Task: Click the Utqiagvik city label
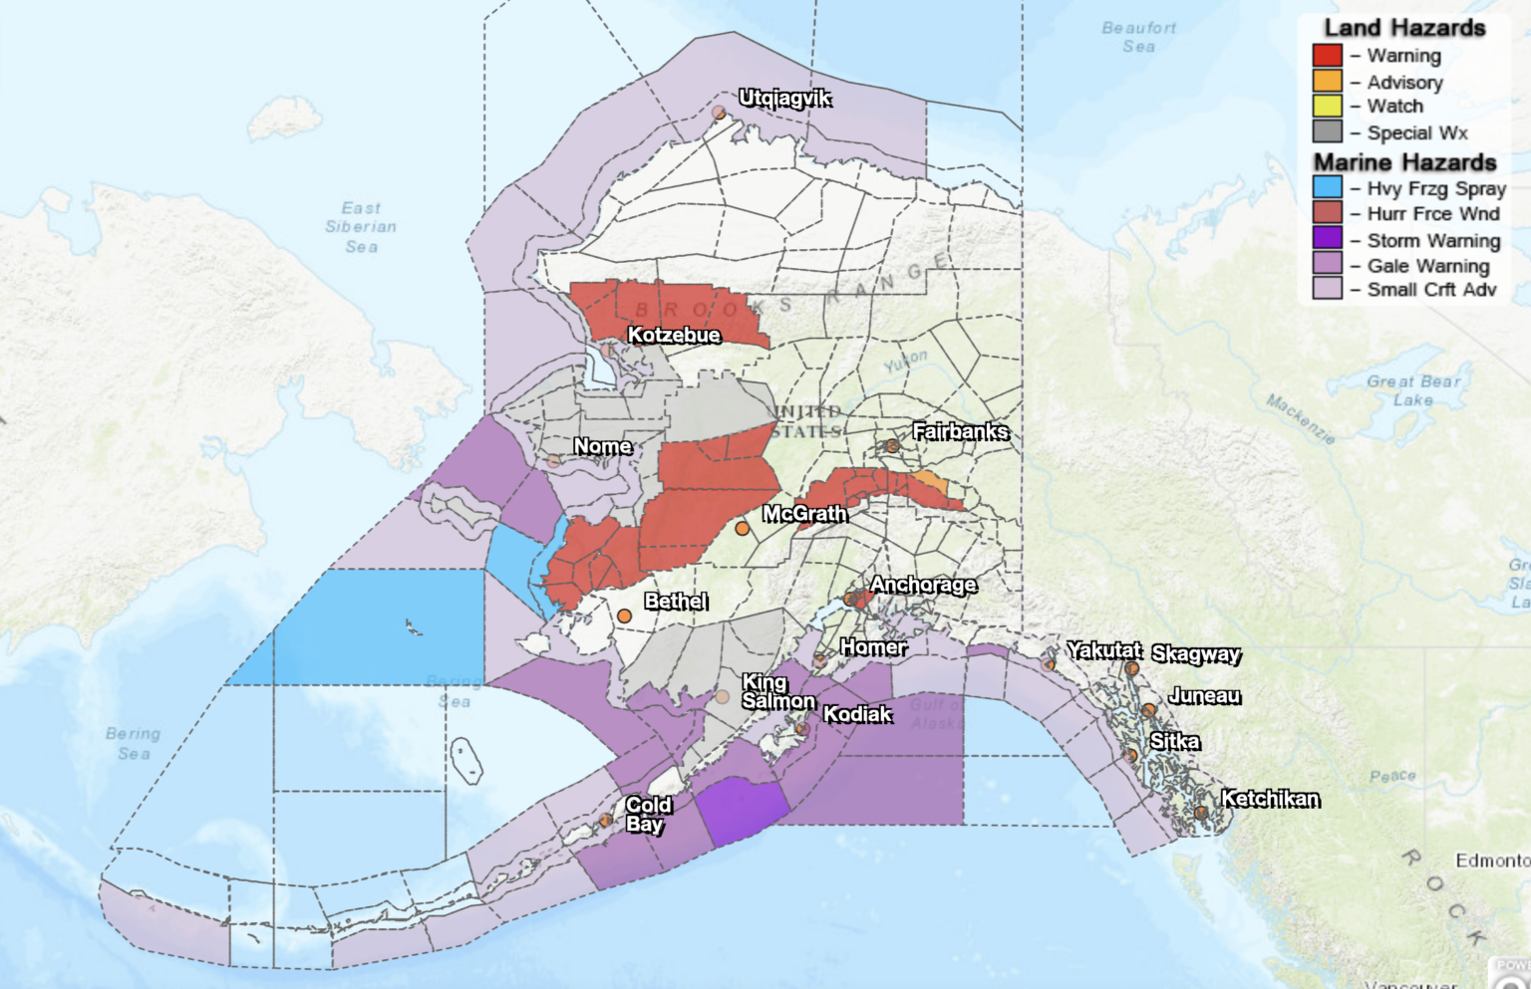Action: [784, 98]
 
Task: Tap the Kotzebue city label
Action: [674, 335]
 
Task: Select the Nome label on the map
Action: [603, 446]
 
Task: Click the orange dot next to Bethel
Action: [624, 617]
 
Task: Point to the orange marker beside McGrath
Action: [742, 529]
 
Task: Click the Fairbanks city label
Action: [961, 431]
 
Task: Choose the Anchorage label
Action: [923, 585]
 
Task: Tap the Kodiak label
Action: [857, 714]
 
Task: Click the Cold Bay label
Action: [648, 814]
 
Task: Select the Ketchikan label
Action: [1270, 799]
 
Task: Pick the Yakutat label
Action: [1103, 650]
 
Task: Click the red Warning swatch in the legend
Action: [1327, 56]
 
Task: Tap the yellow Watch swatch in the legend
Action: [1327, 107]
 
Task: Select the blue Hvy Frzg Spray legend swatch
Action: [1327, 187]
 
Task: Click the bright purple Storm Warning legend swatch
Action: [1327, 239]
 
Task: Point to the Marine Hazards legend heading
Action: [1404, 161]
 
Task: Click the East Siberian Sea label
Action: [361, 227]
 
